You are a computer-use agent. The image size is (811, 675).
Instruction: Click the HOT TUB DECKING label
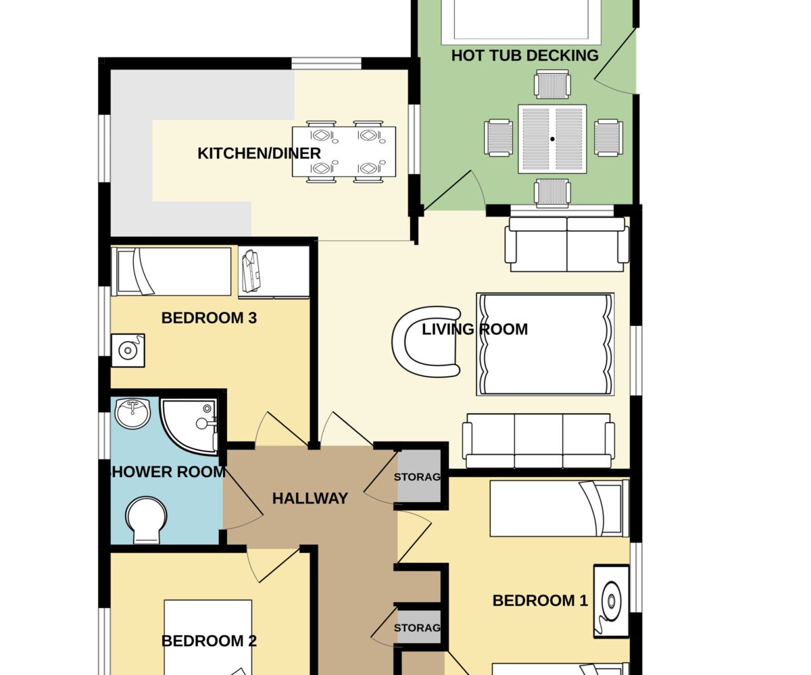pyautogui.click(x=524, y=55)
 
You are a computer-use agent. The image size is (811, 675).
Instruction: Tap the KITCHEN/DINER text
pyautogui.click(x=259, y=154)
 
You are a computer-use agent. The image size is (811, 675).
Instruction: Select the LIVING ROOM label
pyautogui.click(x=474, y=329)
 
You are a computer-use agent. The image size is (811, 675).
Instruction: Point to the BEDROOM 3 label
pyautogui.click(x=209, y=318)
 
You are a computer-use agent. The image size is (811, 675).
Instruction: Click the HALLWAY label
pyautogui.click(x=310, y=499)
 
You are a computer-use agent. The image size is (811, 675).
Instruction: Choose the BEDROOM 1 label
pyautogui.click(x=540, y=601)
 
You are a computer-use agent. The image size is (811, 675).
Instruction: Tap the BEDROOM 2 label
pyautogui.click(x=209, y=641)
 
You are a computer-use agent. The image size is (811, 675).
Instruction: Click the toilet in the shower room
pyautogui.click(x=146, y=520)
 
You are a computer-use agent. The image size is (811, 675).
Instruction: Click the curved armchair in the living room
pyautogui.click(x=426, y=342)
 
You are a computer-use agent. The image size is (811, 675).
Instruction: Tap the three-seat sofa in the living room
pyautogui.click(x=539, y=441)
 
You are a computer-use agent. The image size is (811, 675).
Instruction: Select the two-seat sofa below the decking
pyautogui.click(x=567, y=244)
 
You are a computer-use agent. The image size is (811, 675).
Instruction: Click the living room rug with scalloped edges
pyautogui.click(x=545, y=344)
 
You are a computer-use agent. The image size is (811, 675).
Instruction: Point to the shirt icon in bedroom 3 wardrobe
pyautogui.click(x=251, y=271)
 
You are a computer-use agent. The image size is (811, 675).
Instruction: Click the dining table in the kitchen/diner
pyautogui.click(x=344, y=151)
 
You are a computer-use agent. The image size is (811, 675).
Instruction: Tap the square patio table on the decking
pyautogui.click(x=552, y=139)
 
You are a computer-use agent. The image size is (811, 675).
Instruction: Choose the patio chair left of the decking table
pyautogui.click(x=499, y=138)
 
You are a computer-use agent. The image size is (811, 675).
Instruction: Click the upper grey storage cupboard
pyautogui.click(x=419, y=476)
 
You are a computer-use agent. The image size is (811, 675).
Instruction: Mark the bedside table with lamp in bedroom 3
pyautogui.click(x=128, y=350)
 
